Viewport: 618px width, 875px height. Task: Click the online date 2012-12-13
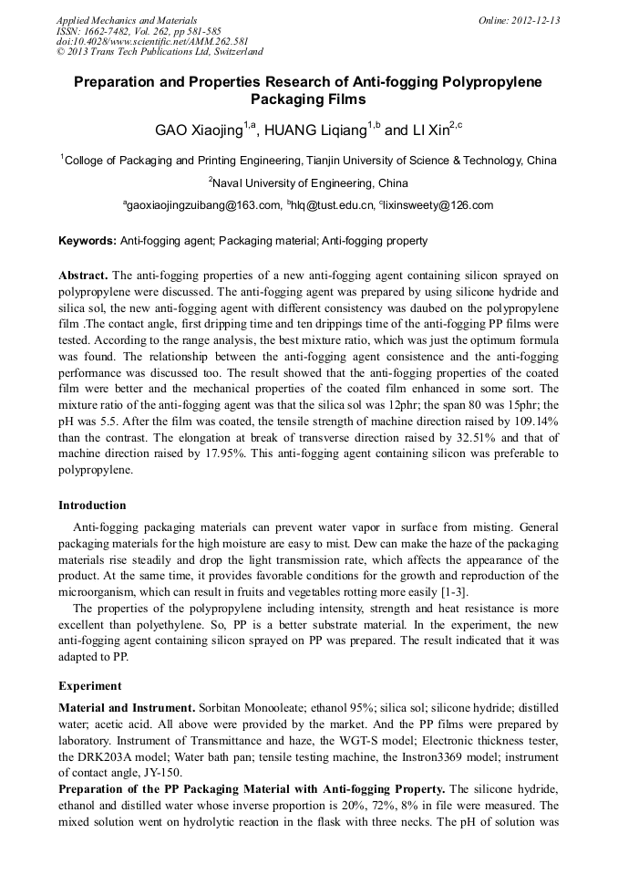click(524, 19)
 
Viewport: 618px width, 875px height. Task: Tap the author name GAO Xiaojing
click(197, 130)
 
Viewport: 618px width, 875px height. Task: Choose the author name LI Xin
click(417, 130)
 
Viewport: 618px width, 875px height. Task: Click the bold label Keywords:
click(88, 241)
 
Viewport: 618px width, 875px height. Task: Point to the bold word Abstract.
click(84, 275)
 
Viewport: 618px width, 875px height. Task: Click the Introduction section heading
click(92, 505)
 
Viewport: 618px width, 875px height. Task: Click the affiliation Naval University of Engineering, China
click(308, 183)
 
